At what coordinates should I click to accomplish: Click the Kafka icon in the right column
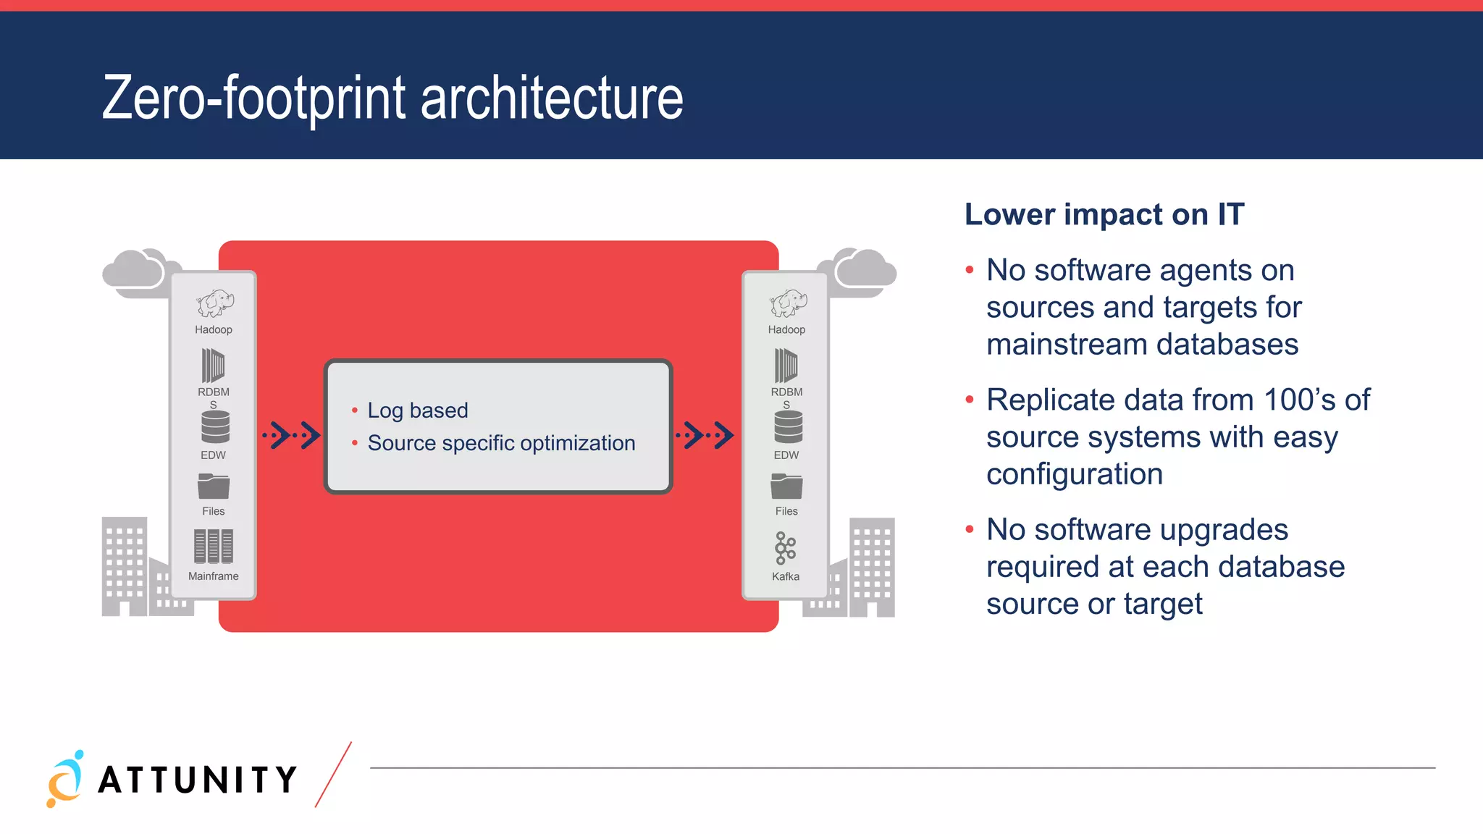point(785,549)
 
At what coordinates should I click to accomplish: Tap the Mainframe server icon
point(213,546)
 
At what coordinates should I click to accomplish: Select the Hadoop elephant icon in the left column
point(214,303)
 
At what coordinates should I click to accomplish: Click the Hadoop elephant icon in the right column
point(788,303)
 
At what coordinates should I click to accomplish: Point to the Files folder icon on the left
point(214,486)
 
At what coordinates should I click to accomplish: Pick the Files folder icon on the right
point(786,486)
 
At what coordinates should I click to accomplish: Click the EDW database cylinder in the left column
point(215,427)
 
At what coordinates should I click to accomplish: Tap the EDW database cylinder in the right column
point(788,427)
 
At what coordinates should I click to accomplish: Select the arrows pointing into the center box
point(291,435)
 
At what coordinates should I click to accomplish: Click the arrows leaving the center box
point(705,435)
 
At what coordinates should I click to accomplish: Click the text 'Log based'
point(418,410)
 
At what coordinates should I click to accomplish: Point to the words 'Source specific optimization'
point(501,443)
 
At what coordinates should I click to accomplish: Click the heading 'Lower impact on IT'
point(1104,215)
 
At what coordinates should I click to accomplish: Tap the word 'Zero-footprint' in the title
point(253,98)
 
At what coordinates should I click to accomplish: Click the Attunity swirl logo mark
point(65,780)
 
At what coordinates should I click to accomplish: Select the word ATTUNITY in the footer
point(198,780)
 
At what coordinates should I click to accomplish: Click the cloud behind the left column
point(138,271)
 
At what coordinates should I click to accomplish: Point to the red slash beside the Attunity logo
point(333,775)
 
